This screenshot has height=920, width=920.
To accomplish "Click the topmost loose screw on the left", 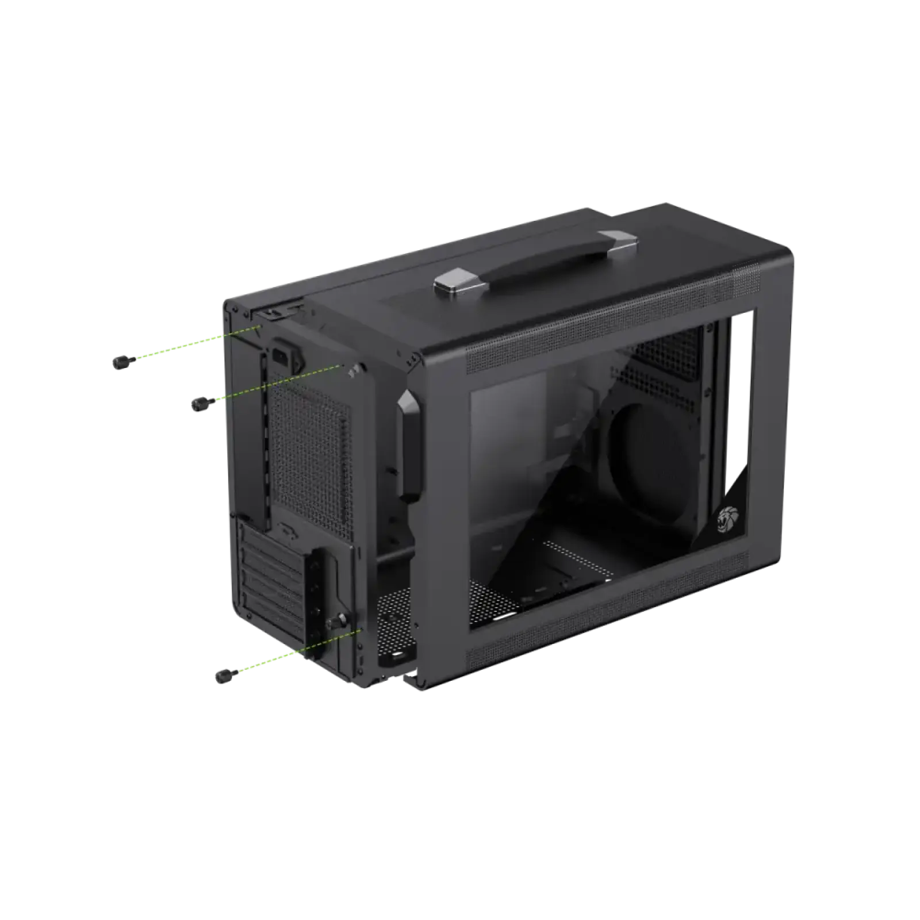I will (x=121, y=363).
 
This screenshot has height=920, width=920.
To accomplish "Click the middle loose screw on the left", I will (x=200, y=405).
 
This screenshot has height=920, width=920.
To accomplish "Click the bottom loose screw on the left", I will (x=223, y=676).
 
